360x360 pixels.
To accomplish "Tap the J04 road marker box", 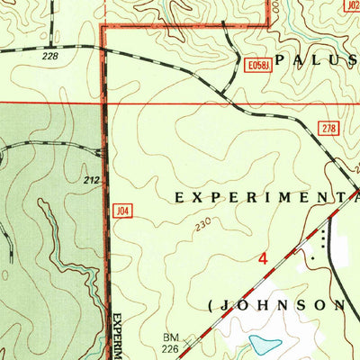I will coord(124,210).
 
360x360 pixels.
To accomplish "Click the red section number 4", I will coord(264,258).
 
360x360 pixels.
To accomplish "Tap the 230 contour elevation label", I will coord(202,222).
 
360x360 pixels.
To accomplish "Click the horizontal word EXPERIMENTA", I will coord(266,196).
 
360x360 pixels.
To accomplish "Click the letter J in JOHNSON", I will coord(225,305).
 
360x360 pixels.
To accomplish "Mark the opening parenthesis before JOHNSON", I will coord(210,305).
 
